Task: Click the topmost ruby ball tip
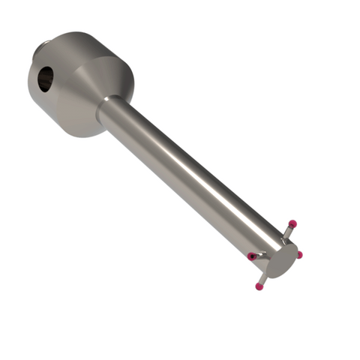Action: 292,223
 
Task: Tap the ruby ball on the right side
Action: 298,255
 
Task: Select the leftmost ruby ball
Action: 252,256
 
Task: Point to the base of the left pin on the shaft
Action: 264,255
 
